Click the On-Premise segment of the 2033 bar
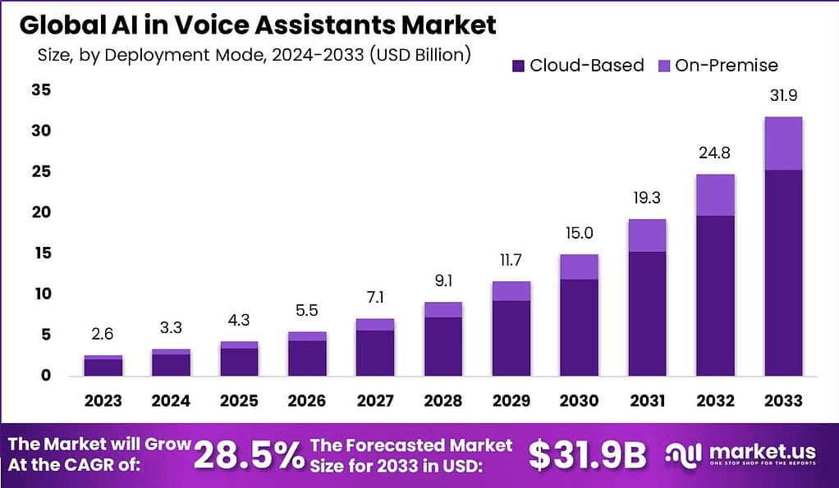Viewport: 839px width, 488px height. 783,144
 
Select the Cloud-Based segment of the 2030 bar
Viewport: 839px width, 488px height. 579,326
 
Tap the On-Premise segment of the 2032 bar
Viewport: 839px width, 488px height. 715,195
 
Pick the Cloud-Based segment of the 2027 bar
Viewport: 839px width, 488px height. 375,353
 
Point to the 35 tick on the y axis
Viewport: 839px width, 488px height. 41,90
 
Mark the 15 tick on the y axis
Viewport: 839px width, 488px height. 41,253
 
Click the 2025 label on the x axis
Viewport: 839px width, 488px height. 239,401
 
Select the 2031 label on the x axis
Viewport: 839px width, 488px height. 647,401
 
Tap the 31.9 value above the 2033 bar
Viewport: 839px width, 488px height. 783,96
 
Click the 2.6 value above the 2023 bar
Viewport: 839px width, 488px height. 103,335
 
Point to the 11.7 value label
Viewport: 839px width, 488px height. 511,261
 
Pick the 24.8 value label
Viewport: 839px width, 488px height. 715,153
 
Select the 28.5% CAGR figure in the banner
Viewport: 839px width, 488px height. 248,455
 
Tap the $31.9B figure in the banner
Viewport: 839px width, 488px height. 587,454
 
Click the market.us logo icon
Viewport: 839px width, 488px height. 682,453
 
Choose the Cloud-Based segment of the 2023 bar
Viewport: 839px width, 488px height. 103,367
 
